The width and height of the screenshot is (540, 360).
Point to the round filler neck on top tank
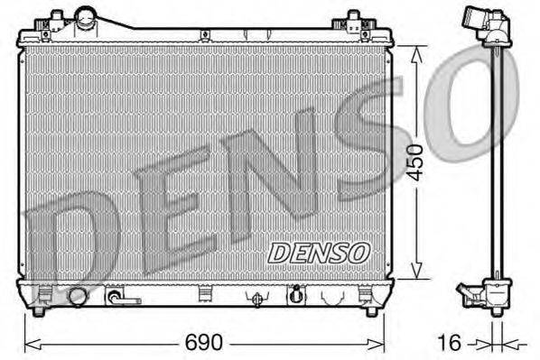[87, 17]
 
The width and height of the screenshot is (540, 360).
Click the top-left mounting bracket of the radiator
[55, 19]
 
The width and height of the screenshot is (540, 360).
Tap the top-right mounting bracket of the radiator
[353, 20]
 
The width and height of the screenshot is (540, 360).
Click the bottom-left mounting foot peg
[38, 311]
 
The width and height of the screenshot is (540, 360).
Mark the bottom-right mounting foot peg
[370, 311]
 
